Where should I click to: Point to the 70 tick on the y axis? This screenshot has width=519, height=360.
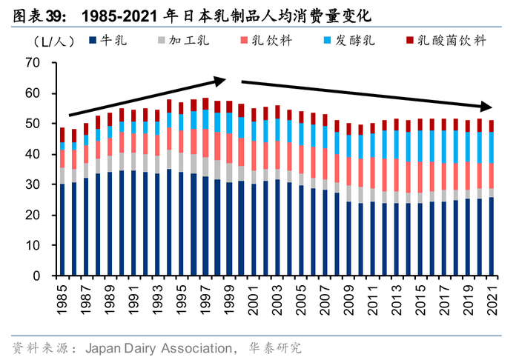pos(31,64)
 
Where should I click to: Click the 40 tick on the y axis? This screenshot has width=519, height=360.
pos(31,154)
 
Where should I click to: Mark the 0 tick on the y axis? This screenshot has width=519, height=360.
pos(35,276)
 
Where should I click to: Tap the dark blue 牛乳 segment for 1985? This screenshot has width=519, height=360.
pos(62,230)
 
